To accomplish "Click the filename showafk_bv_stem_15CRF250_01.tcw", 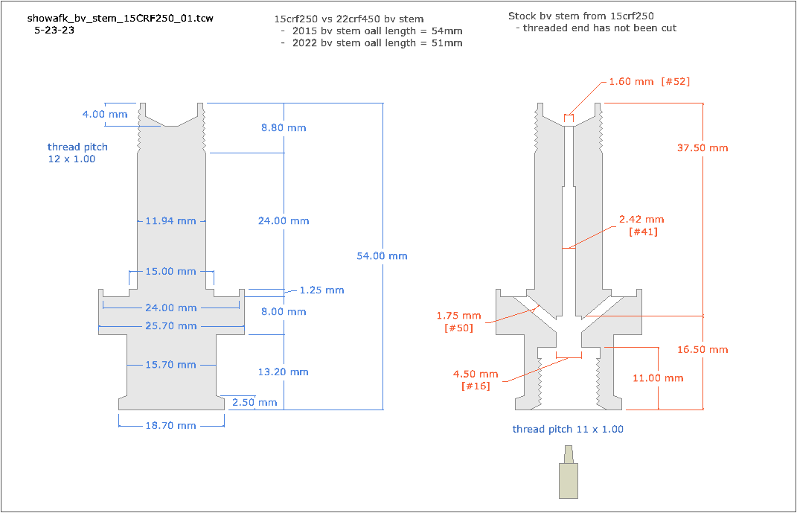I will point(120,18).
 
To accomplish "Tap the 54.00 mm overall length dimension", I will point(383,256).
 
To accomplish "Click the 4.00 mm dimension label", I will point(105,115).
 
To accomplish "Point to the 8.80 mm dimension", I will point(284,128).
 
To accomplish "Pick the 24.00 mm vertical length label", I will point(284,221).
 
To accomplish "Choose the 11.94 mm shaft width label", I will point(171,221).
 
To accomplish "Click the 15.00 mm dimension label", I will point(171,272).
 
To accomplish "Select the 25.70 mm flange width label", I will point(171,326).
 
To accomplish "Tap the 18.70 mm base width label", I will point(171,425).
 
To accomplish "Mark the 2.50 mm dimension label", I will point(255,403).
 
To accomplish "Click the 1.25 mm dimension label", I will point(321,290).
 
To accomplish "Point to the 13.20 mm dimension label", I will point(284,372).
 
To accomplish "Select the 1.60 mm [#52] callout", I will point(650,81).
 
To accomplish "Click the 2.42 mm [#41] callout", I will point(641,226).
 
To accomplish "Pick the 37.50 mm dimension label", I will point(702,148).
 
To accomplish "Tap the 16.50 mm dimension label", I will point(702,350).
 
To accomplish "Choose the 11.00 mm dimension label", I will point(658,378).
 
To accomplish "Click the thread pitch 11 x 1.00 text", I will point(568,430).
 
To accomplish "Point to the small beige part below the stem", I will point(569,477).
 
